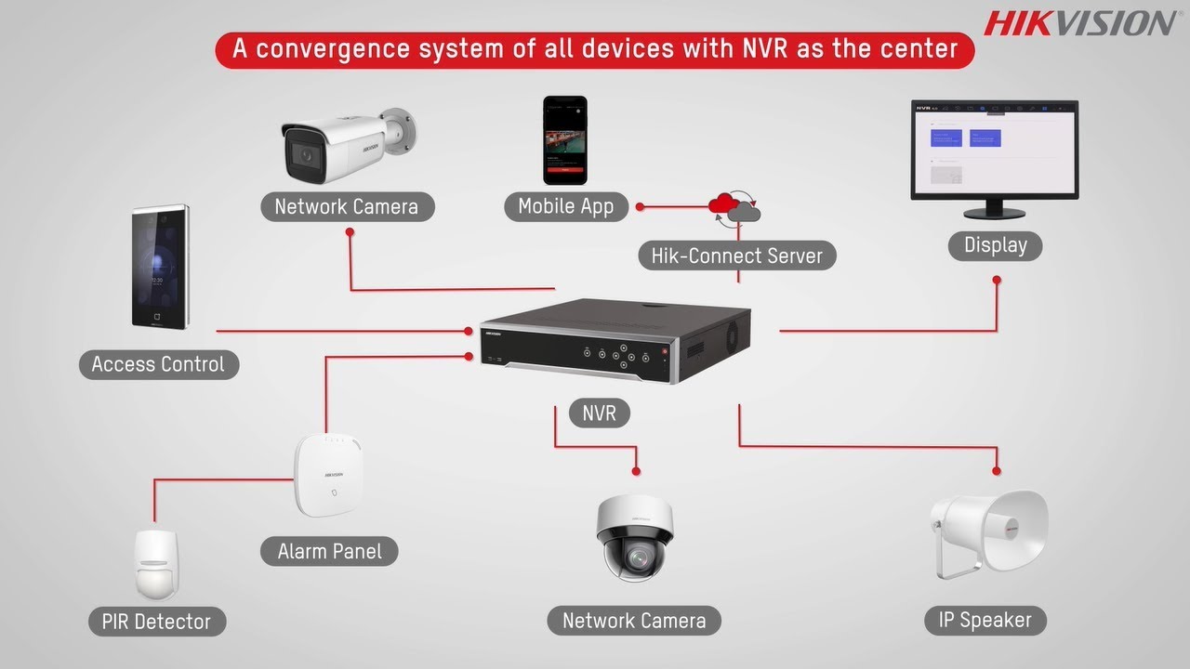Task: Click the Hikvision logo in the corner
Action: click(x=1079, y=22)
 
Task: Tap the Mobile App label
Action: click(x=565, y=206)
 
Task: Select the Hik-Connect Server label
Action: click(x=736, y=256)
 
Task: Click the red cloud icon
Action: click(x=724, y=203)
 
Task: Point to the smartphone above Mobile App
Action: click(x=565, y=139)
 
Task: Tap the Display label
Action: click(x=995, y=245)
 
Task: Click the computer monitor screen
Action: click(x=994, y=148)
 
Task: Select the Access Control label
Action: click(x=158, y=364)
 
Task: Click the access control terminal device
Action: click(x=160, y=267)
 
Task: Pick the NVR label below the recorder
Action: click(x=599, y=413)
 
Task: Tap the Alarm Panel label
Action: click(x=329, y=551)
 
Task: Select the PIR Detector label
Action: click(x=156, y=622)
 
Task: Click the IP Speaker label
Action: click(x=985, y=620)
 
